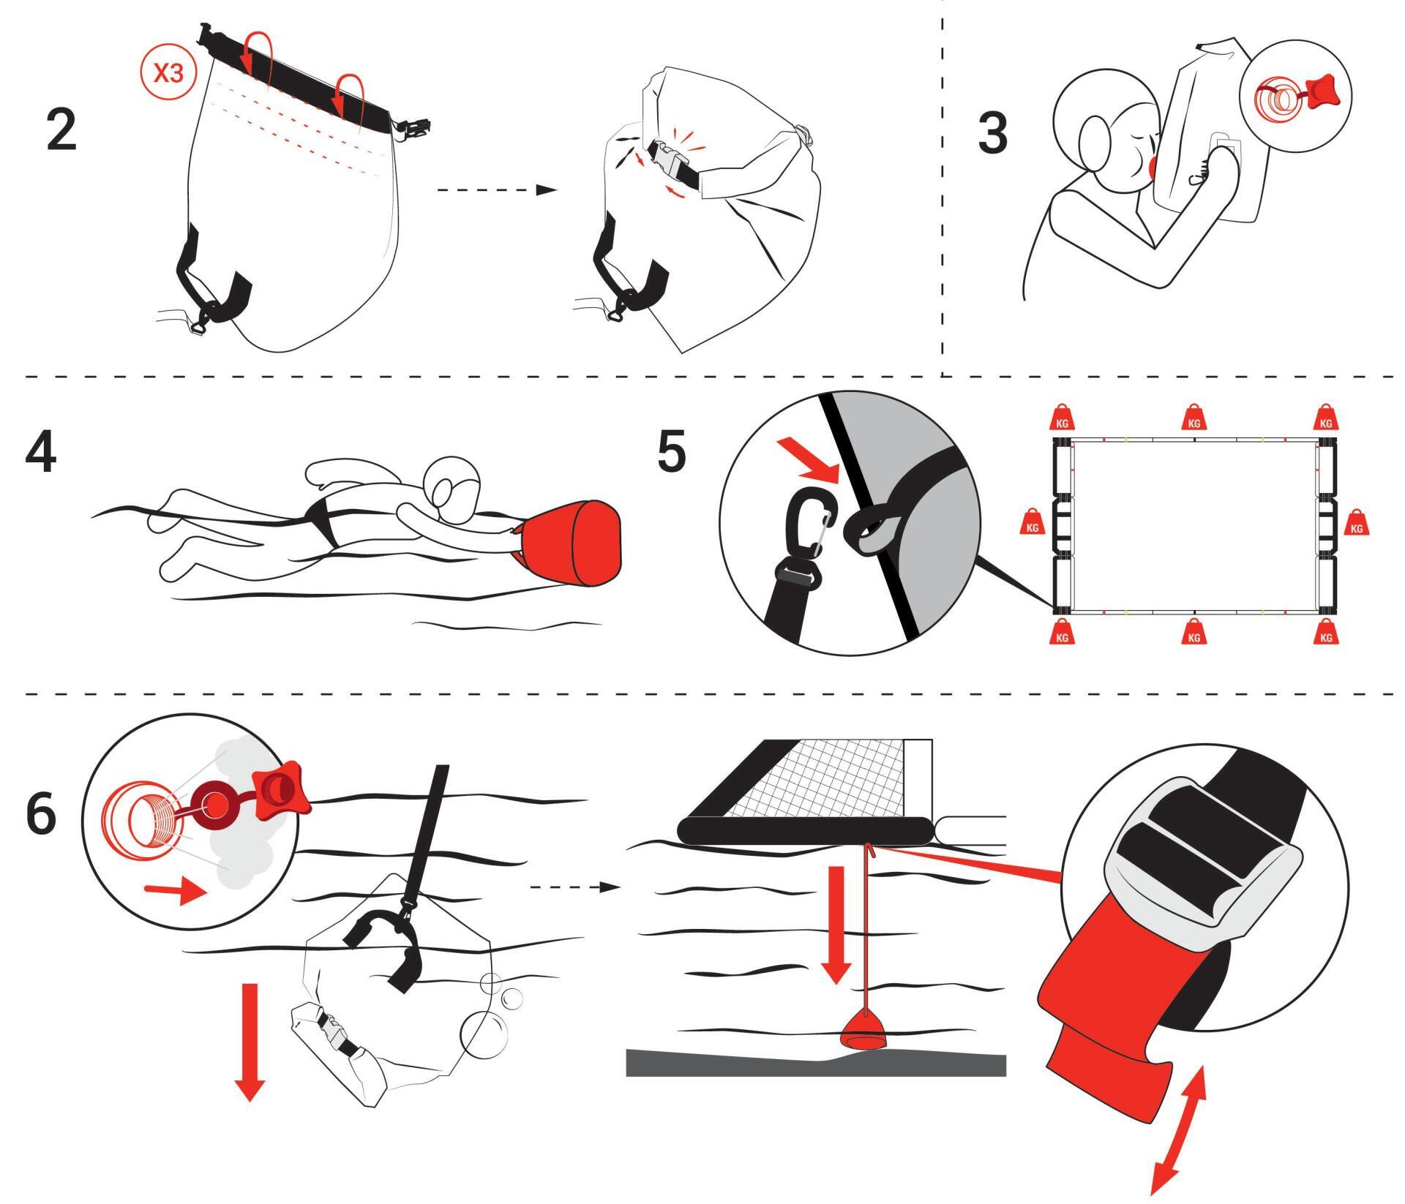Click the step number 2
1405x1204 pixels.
[61, 129]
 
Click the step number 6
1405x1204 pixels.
[41, 813]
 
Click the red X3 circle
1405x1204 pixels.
[169, 76]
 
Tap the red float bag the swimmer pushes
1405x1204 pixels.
[572, 542]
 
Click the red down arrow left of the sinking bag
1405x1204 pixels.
[250, 1042]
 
